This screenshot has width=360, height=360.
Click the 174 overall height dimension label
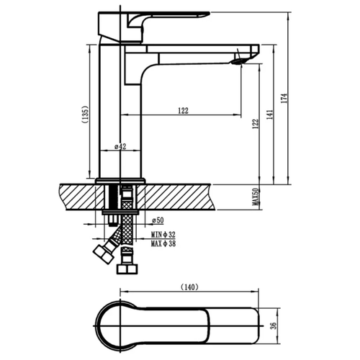coord(284,98)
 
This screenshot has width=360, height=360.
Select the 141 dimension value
coord(270,114)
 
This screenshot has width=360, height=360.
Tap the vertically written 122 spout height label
coord(256,124)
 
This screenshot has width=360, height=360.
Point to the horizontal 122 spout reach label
coord(184,111)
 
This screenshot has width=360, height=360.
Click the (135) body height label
coord(86,114)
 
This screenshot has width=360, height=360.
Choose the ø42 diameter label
coord(120,146)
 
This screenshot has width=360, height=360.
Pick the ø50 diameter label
coord(158,220)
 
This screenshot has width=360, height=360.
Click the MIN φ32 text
coord(163,234)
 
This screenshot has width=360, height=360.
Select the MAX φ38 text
coord(163,244)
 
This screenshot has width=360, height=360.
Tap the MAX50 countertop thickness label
coord(256,197)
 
